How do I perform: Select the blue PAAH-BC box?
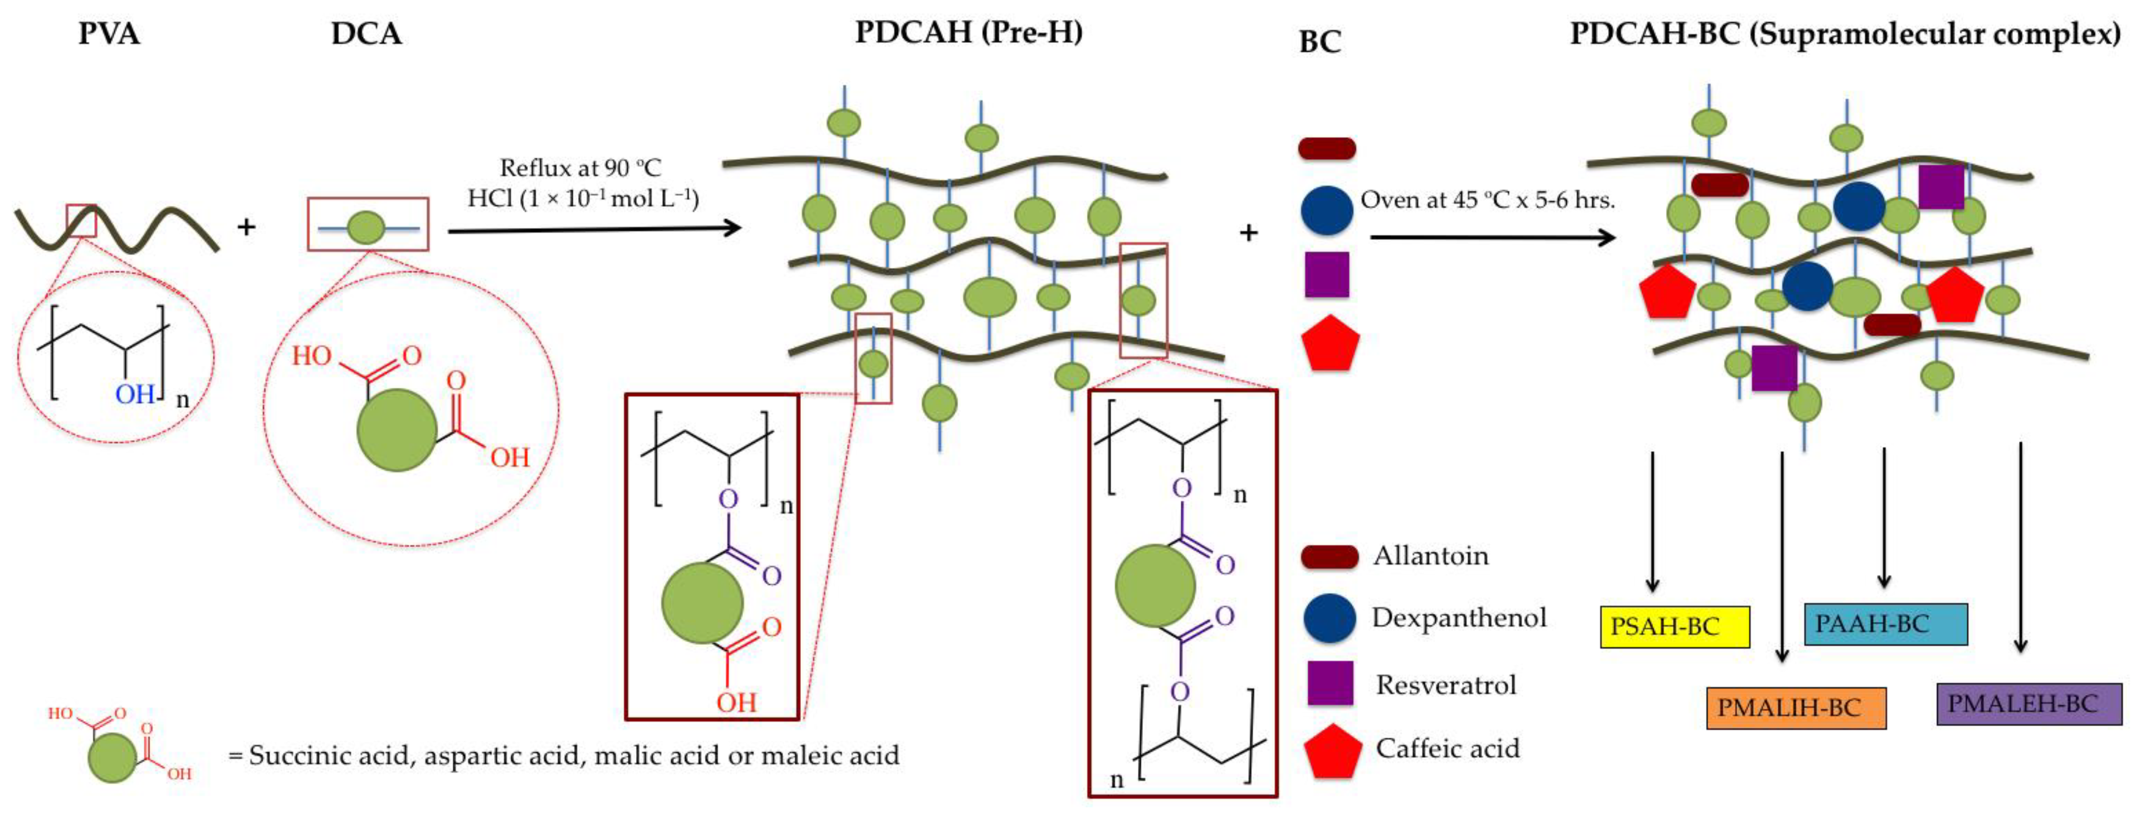click(1885, 624)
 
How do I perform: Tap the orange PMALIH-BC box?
click(1795, 708)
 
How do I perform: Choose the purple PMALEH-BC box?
click(2028, 703)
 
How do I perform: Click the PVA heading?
click(109, 34)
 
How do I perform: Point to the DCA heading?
click(366, 34)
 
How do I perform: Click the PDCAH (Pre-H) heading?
click(968, 32)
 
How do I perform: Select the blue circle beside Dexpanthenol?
click(1329, 617)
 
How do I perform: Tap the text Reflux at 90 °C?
click(580, 168)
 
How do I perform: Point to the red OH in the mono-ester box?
click(736, 702)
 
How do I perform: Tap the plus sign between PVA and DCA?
click(246, 226)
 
